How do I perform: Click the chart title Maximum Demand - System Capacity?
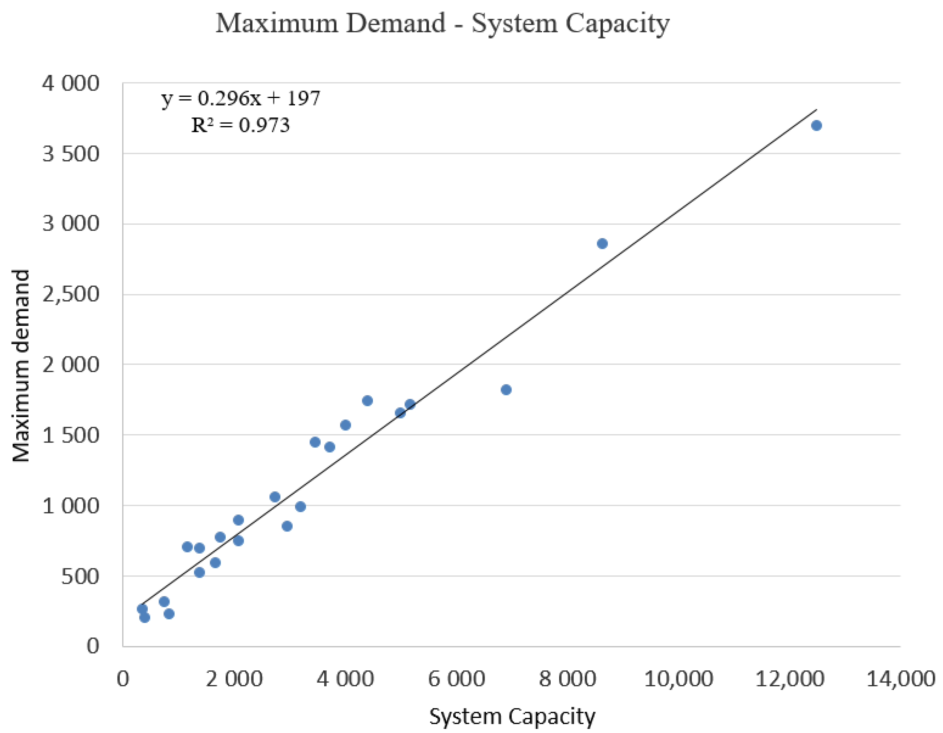pos(442,23)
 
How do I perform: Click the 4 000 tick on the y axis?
pos(70,83)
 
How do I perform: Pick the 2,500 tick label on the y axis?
pos(70,294)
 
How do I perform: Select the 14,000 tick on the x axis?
pos(901,679)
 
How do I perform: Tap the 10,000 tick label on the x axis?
pos(678,679)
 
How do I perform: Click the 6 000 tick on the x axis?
pos(456,679)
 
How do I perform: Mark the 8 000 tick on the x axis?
pos(567,679)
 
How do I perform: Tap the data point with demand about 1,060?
pos(275,497)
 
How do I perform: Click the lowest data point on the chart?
pos(145,617)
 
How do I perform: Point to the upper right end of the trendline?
pos(816,110)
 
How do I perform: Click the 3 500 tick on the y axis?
pos(70,154)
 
